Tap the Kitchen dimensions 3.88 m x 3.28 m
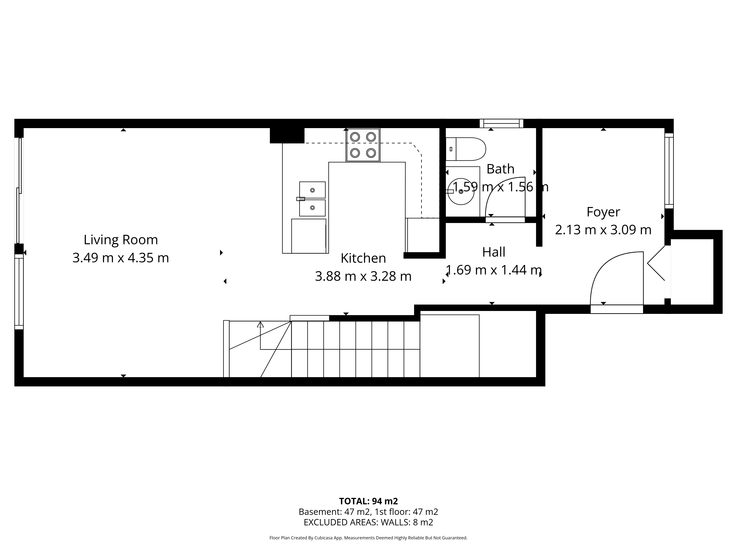[363, 276]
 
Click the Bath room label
[500, 169]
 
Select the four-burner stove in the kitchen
[363, 145]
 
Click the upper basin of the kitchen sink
[312, 190]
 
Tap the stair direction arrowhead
[260, 324]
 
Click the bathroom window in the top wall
[502, 123]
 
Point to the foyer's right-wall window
[669, 171]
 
